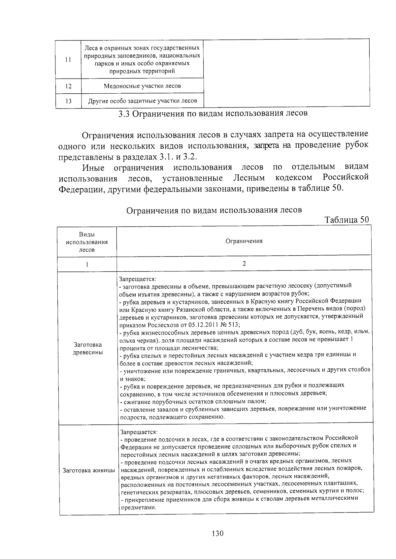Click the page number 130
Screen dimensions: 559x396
point(218,533)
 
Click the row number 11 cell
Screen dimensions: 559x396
point(68,59)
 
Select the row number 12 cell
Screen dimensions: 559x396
point(68,86)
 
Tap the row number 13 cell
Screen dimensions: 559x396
point(68,101)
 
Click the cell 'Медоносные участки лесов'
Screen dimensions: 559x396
point(142,86)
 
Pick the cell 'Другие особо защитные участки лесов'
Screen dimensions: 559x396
point(142,101)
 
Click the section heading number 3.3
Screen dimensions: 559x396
point(125,114)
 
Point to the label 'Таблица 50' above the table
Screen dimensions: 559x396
point(346,220)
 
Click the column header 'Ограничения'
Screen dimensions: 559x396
point(244,241)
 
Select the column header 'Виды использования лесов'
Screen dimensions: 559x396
point(87,242)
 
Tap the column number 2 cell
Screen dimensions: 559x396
point(244,264)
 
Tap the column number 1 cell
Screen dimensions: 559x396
point(87,264)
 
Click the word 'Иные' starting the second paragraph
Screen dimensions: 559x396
point(93,168)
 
